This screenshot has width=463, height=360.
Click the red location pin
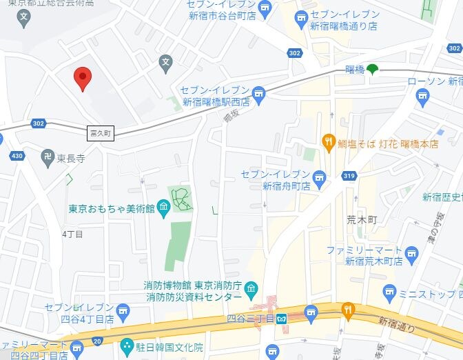coord(83,79)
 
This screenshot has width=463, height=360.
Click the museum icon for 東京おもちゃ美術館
coord(163,207)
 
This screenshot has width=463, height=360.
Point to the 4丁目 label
coord(72,234)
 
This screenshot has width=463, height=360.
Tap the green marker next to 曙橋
coord(372,68)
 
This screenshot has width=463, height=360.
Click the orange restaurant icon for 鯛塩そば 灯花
coord(328,143)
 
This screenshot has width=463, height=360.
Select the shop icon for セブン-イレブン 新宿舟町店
coord(318,181)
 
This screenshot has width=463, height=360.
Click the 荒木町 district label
coord(362,219)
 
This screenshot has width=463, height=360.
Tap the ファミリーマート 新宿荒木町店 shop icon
coord(412,254)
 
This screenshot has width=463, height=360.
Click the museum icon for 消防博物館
coord(251,288)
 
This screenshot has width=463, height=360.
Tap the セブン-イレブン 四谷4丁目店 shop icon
coord(123,310)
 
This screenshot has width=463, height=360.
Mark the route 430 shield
coord(17,156)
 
